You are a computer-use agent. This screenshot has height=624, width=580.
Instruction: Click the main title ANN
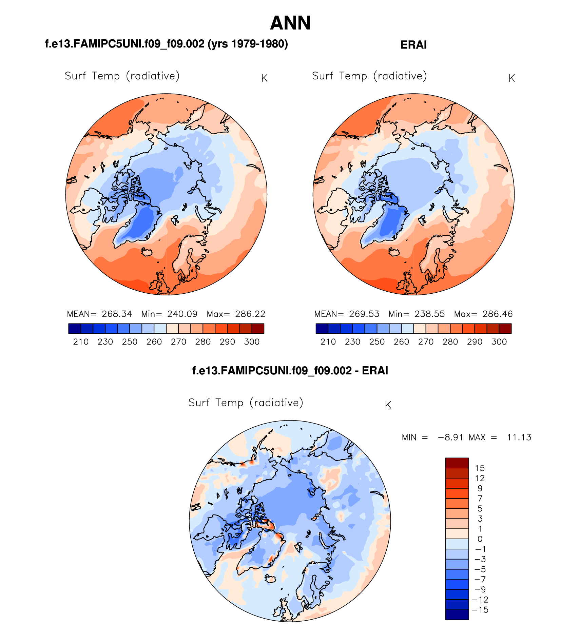tap(290, 23)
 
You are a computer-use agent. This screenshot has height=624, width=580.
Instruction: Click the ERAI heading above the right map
tap(413, 45)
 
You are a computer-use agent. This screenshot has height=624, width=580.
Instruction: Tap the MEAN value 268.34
tap(117, 314)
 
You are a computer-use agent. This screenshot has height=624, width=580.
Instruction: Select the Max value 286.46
tap(498, 314)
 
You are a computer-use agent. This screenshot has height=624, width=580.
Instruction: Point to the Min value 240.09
tap(182, 314)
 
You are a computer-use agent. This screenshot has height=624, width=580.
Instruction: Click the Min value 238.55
tap(429, 314)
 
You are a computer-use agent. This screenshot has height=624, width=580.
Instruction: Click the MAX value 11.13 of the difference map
tap(519, 437)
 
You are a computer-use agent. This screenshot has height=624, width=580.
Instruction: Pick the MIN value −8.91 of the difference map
tap(450, 437)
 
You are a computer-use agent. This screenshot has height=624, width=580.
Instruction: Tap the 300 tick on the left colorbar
tap(252, 342)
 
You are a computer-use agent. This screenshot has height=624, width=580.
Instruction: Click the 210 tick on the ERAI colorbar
tap(328, 342)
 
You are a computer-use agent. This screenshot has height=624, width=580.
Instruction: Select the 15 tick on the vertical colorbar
tap(480, 468)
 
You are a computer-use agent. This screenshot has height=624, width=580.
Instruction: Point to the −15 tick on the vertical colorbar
tap(480, 610)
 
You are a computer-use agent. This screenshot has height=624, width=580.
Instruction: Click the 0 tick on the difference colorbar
tap(480, 539)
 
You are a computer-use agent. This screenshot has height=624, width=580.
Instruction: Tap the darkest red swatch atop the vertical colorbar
tap(457, 463)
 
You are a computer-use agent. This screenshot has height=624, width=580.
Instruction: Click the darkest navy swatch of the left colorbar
tap(75, 329)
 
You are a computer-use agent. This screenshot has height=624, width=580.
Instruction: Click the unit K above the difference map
tap(388, 405)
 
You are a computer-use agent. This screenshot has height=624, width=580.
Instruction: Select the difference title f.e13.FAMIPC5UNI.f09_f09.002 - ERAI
tap(290, 371)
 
